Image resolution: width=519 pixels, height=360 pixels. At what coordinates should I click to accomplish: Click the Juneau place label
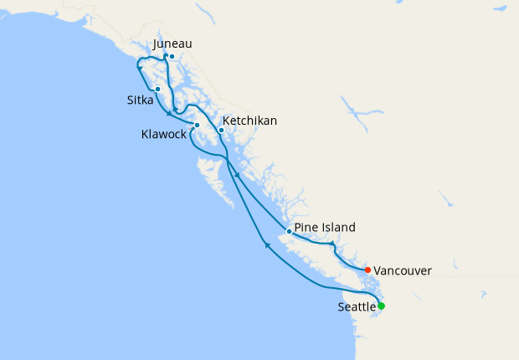pos(174,44)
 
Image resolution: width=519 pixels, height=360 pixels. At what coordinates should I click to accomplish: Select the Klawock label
pos(163,134)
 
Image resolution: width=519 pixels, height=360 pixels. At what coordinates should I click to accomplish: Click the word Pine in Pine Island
pos(308,227)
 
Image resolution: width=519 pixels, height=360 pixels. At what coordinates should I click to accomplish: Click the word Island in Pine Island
pos(340,227)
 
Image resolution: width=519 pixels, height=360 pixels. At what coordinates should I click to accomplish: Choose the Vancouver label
pos(403,270)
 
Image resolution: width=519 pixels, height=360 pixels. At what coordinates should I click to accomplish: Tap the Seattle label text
pos(357,308)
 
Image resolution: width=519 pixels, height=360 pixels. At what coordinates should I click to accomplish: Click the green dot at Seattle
pos(381,306)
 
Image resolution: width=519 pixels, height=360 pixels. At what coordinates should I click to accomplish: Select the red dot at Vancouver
pos(367,269)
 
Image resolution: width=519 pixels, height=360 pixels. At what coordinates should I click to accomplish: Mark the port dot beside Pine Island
pos(289,231)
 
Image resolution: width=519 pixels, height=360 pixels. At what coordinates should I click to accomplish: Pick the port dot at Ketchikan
pos(221,130)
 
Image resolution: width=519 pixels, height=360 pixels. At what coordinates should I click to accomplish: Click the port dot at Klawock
pos(197,126)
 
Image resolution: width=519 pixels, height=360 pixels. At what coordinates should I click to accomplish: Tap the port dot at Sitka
pos(157,89)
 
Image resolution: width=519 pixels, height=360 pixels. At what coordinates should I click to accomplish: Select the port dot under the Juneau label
pos(172,57)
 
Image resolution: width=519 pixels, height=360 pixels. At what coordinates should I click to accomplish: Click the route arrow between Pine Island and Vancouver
pos(332,244)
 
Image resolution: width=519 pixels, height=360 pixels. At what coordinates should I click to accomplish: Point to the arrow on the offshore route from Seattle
pos(265,244)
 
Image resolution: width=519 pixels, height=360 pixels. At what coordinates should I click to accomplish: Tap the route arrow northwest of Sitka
pos(139,68)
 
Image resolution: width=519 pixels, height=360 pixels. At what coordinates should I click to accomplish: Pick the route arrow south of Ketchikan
pos(238,175)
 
